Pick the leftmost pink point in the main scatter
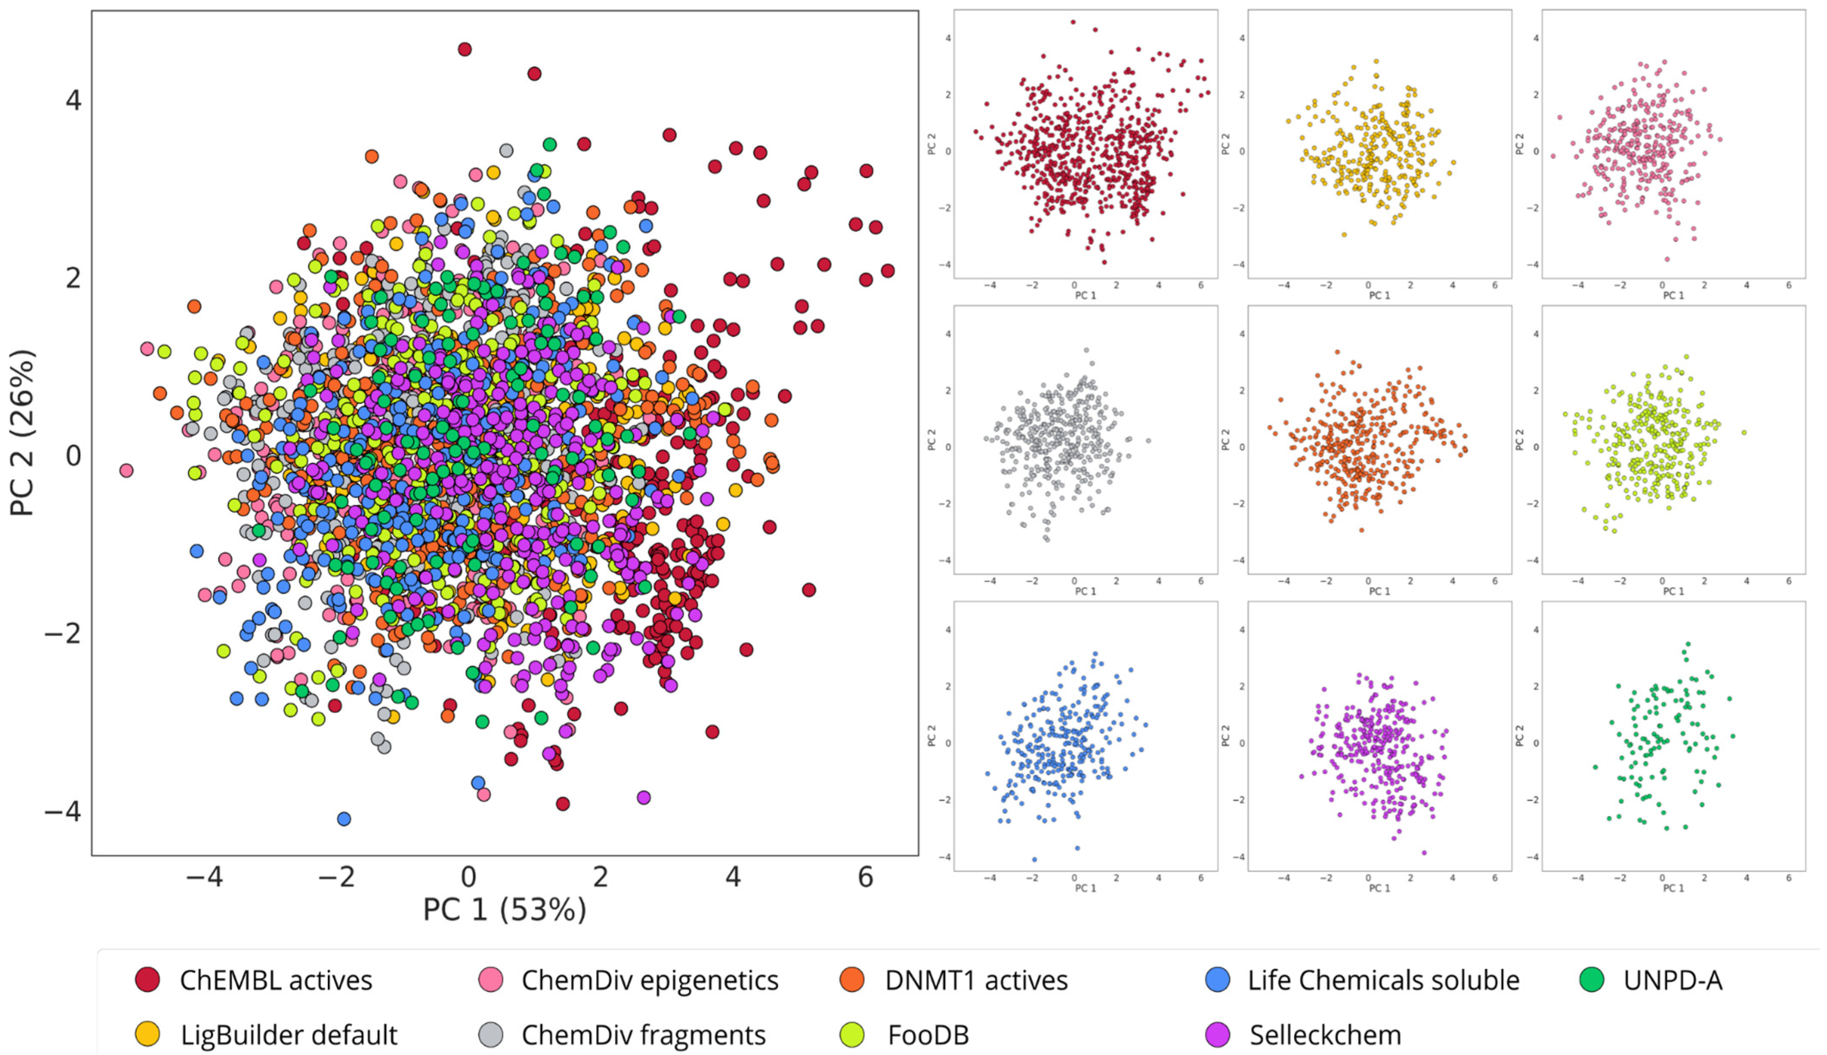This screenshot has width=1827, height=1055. coord(126,470)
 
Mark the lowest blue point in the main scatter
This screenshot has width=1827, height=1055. coord(344,819)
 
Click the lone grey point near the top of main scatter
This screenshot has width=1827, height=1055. coord(507,151)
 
